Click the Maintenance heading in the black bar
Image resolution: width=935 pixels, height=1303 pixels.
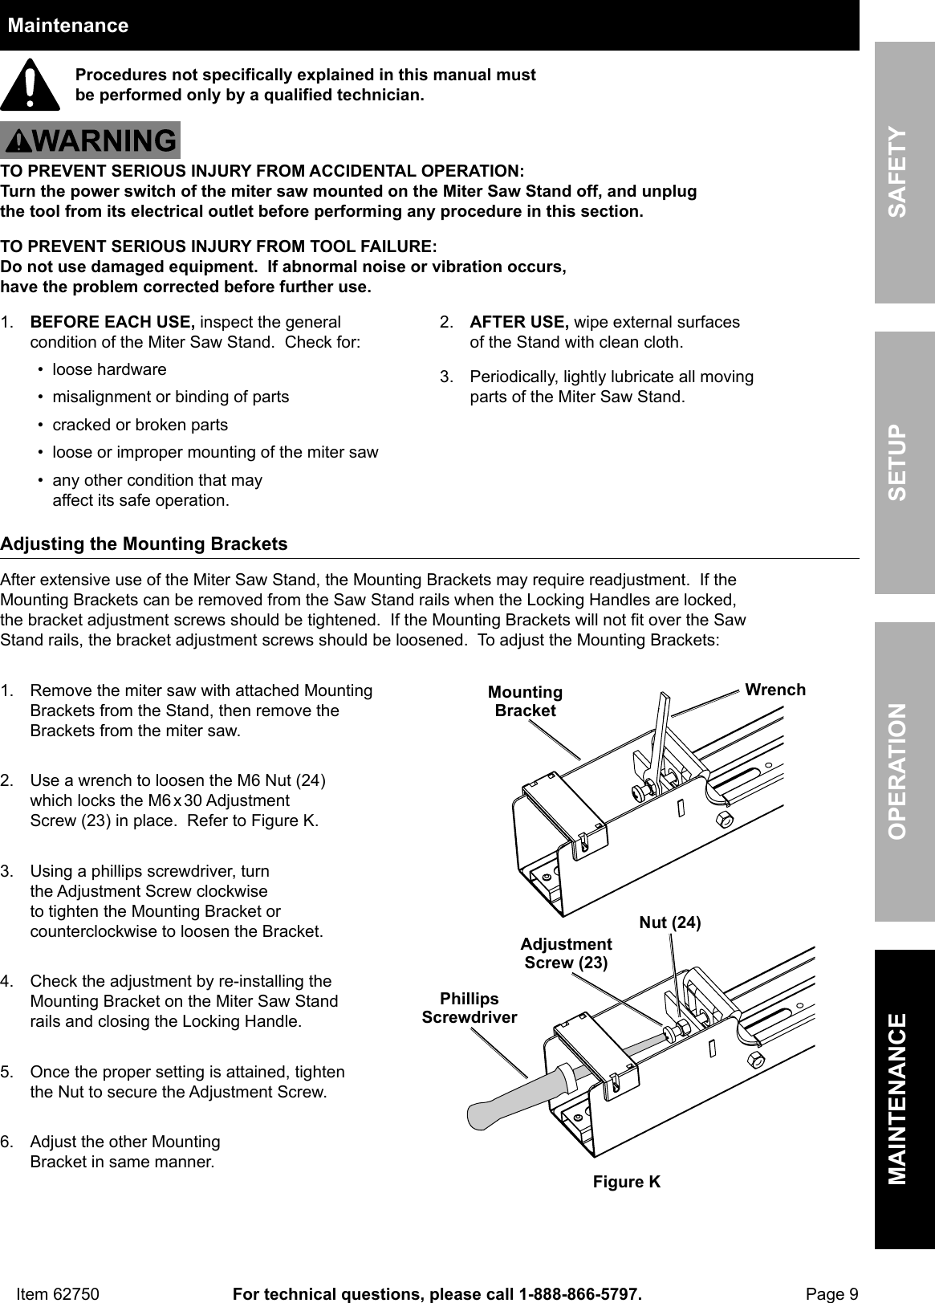click(x=67, y=26)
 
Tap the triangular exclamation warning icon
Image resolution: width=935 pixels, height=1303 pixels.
click(x=30, y=85)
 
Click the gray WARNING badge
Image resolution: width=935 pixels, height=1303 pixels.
click(x=90, y=140)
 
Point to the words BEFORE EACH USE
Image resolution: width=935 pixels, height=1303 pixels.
click(x=112, y=323)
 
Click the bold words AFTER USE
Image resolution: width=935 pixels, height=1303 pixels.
click(x=518, y=323)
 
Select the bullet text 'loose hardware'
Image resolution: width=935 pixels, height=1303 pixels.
click(x=109, y=370)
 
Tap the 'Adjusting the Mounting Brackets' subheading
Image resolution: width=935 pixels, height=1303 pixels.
click(x=144, y=544)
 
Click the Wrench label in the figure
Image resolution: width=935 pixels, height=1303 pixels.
click(x=774, y=690)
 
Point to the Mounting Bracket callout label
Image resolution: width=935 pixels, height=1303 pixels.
click(x=526, y=701)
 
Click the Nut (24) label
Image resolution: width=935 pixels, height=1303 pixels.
click(x=669, y=923)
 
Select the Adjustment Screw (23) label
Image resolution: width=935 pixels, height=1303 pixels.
click(x=566, y=953)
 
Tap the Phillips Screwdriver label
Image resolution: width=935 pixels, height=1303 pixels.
click(x=470, y=1008)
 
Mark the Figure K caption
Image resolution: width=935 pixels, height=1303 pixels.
click(x=627, y=1182)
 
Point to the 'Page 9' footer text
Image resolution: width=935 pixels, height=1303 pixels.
click(x=831, y=1294)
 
